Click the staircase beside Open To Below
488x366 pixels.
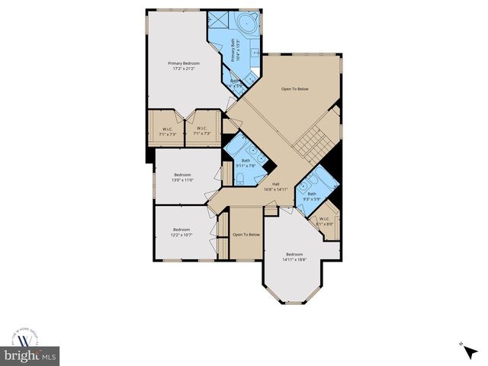tap(309, 141)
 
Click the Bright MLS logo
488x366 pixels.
tap(30, 356)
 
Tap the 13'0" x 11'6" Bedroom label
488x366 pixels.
tap(181, 177)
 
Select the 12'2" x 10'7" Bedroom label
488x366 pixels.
tap(181, 233)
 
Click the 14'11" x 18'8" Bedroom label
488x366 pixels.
tap(295, 257)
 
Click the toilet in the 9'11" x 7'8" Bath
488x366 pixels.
tap(239, 178)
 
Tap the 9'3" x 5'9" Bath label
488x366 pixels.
tap(311, 197)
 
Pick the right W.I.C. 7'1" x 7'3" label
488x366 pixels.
tap(202, 131)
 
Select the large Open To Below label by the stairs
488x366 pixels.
tap(295, 89)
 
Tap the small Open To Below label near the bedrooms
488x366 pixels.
tap(246, 235)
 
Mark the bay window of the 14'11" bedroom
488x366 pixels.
tap(295, 294)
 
